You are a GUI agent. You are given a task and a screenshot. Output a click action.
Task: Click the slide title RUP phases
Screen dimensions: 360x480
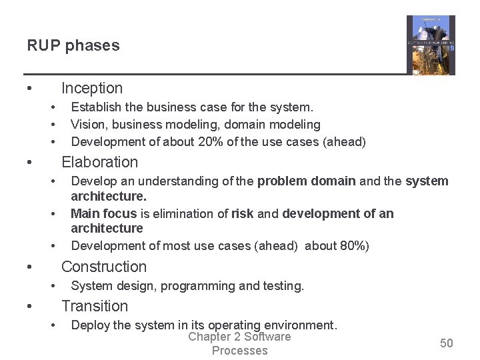73,46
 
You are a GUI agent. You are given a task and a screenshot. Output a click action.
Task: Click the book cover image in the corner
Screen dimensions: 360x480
431,45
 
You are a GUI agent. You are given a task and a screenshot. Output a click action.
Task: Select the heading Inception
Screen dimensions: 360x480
92,88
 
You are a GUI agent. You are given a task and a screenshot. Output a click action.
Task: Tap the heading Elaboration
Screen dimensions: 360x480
99,162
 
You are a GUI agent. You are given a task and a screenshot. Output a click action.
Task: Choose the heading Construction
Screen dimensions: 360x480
103,267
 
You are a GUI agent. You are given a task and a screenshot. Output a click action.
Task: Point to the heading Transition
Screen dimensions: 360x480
95,306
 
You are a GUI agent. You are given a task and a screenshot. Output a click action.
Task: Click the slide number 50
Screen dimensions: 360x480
446,343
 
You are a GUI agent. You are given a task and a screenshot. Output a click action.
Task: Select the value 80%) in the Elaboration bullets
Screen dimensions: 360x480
355,245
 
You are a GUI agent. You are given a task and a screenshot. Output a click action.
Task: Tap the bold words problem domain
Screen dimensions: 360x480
306,181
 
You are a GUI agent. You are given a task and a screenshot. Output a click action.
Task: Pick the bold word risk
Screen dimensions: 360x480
242,213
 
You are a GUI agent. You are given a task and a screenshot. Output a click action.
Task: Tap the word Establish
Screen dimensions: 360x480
95,107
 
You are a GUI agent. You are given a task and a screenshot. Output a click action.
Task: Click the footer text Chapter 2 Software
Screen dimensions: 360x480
239,337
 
